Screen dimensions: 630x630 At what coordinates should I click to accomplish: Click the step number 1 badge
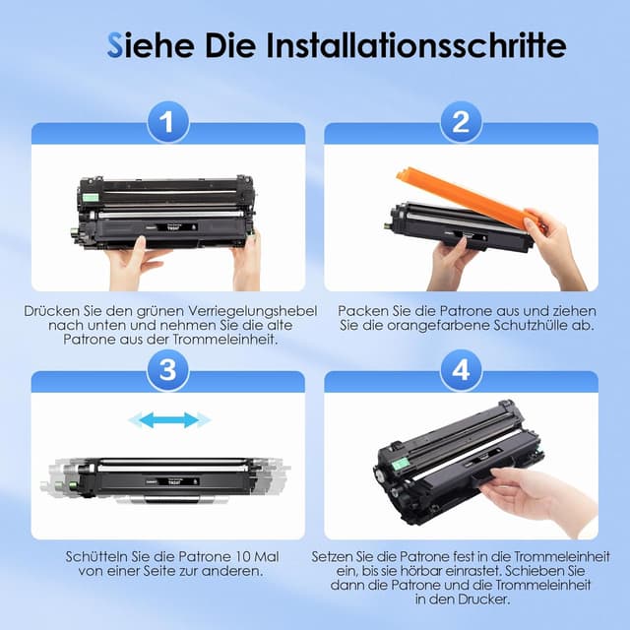pyautogui.click(x=168, y=121)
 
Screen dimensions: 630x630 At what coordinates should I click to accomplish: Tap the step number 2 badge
pyautogui.click(x=461, y=121)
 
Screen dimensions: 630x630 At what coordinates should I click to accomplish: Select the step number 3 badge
pyautogui.click(x=168, y=370)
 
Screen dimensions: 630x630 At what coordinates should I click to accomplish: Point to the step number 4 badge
pyautogui.click(x=461, y=370)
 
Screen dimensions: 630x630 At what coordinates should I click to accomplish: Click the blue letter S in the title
pyautogui.click(x=114, y=45)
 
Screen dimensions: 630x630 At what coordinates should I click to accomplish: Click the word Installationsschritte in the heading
pyautogui.click(x=416, y=45)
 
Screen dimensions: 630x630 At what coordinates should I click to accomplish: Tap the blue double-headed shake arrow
pyautogui.click(x=169, y=420)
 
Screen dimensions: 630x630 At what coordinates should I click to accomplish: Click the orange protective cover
pyautogui.click(x=471, y=203)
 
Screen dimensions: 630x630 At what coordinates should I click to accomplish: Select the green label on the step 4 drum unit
pyautogui.click(x=398, y=465)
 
